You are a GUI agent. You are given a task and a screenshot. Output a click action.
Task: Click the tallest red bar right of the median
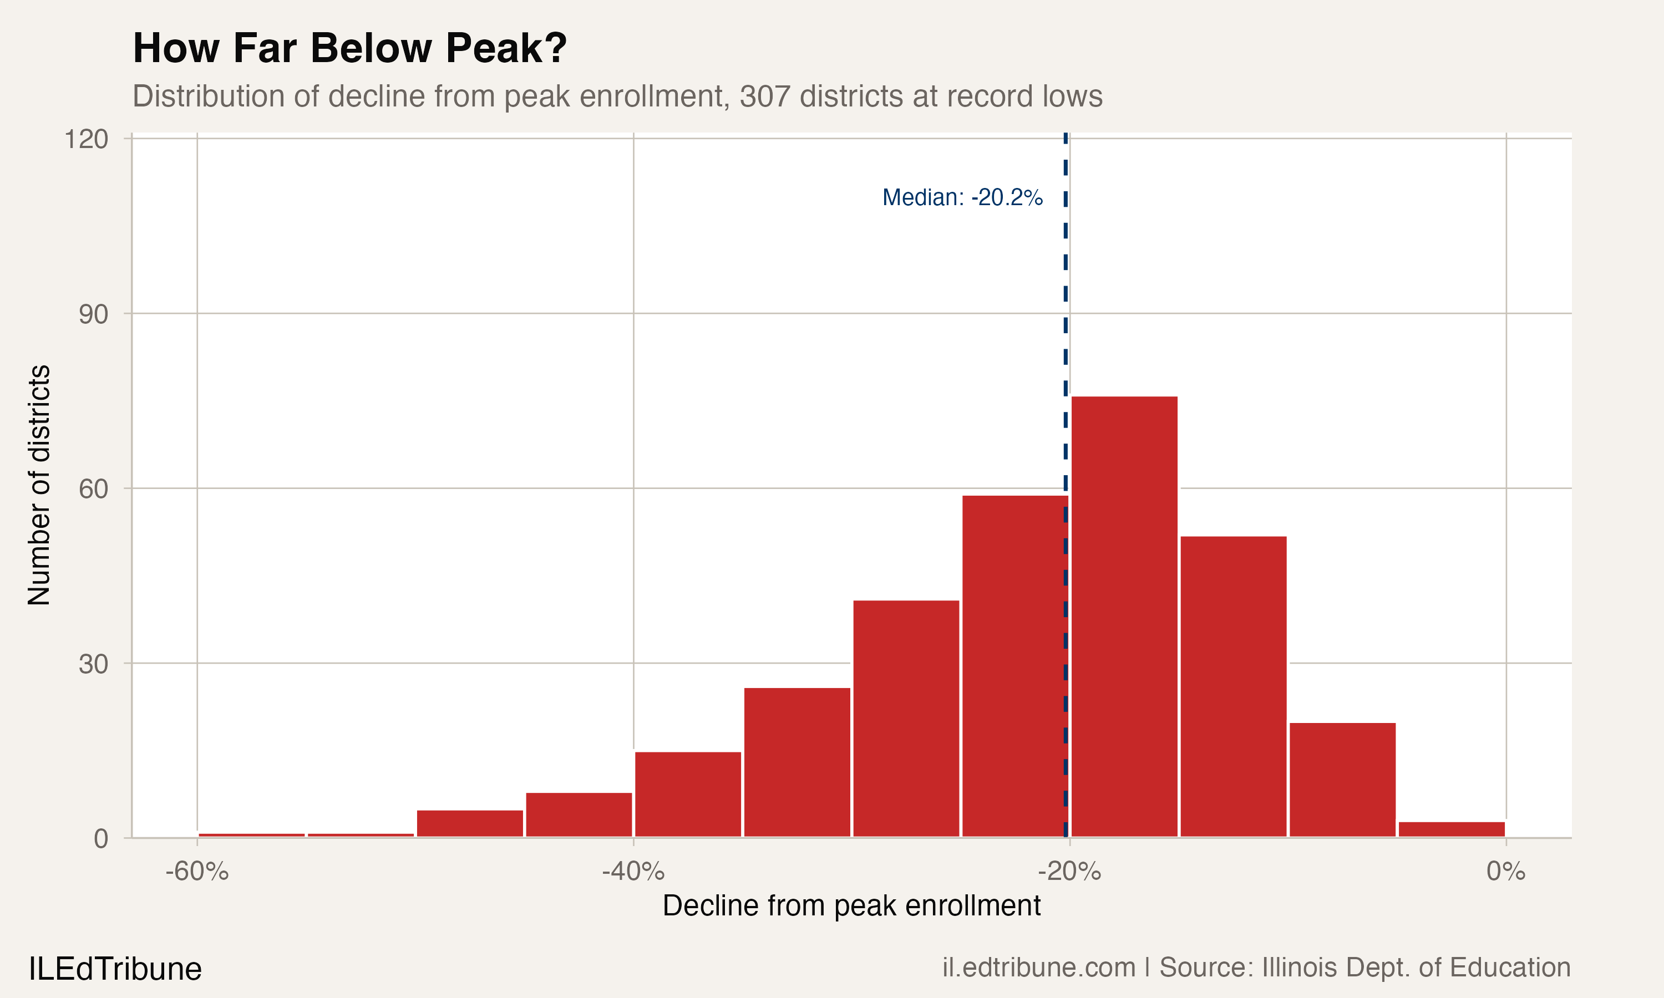1124,617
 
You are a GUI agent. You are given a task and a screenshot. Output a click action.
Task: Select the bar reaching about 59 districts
1015,666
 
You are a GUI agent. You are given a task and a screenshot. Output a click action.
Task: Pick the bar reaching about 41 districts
906,718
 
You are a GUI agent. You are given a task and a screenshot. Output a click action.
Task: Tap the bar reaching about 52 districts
1233,686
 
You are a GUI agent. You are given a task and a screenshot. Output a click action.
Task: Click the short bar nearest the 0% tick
1452,829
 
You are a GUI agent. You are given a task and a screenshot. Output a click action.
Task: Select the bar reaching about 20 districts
1342,780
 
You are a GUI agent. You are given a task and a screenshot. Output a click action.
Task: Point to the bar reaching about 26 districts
797,762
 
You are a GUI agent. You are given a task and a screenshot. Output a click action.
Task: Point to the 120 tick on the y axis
86,139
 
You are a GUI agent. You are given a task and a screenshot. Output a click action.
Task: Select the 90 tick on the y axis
94,314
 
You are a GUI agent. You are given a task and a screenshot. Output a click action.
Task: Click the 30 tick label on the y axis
94,664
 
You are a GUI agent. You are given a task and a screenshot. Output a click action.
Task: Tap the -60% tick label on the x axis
197,872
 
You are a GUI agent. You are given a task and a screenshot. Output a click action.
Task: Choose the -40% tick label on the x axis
633,872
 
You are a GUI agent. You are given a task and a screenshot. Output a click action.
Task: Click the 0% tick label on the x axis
1505,872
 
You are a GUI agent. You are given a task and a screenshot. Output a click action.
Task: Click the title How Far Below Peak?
350,48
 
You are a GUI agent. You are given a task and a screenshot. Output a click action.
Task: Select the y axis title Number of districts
39,485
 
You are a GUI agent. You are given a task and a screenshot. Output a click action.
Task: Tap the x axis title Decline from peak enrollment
851,906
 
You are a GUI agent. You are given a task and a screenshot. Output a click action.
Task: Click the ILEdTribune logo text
115,969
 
